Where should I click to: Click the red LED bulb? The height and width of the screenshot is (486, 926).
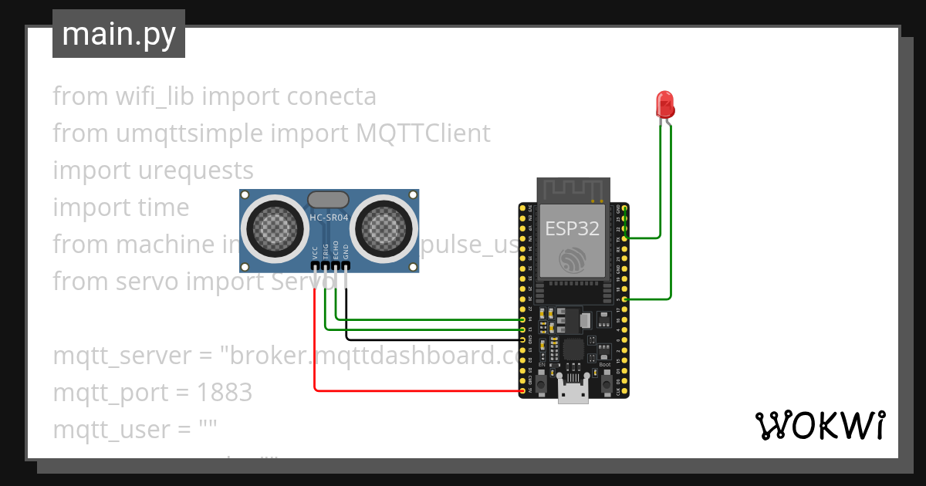664,103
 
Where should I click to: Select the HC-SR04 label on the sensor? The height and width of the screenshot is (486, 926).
329,218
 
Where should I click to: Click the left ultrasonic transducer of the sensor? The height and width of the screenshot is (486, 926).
275,228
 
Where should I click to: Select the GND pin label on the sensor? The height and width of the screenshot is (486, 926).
346,252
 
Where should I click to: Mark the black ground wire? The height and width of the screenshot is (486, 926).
432,339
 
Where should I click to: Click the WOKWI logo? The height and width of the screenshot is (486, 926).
820,426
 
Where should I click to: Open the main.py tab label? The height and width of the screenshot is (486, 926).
118,34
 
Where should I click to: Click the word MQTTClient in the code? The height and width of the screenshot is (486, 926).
423,133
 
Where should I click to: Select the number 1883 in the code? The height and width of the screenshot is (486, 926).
224,393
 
